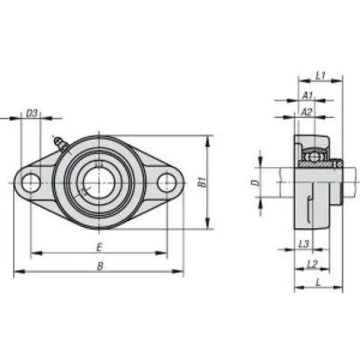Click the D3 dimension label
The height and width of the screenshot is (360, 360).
pyautogui.click(x=31, y=113)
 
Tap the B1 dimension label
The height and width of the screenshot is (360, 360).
pyautogui.click(x=202, y=183)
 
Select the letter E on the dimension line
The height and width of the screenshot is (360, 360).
pyautogui.click(x=100, y=247)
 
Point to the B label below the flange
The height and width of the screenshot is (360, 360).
pyautogui.click(x=100, y=266)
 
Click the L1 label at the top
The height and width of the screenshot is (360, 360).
pyautogui.click(x=321, y=76)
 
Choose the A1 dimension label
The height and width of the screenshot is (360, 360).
pyautogui.click(x=308, y=95)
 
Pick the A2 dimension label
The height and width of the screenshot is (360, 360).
pyautogui.click(x=307, y=112)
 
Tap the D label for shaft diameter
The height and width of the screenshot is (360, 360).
pyautogui.click(x=255, y=183)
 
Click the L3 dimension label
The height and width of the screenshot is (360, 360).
pyautogui.click(x=304, y=244)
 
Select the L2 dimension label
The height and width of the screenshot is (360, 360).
pyautogui.click(x=312, y=264)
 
